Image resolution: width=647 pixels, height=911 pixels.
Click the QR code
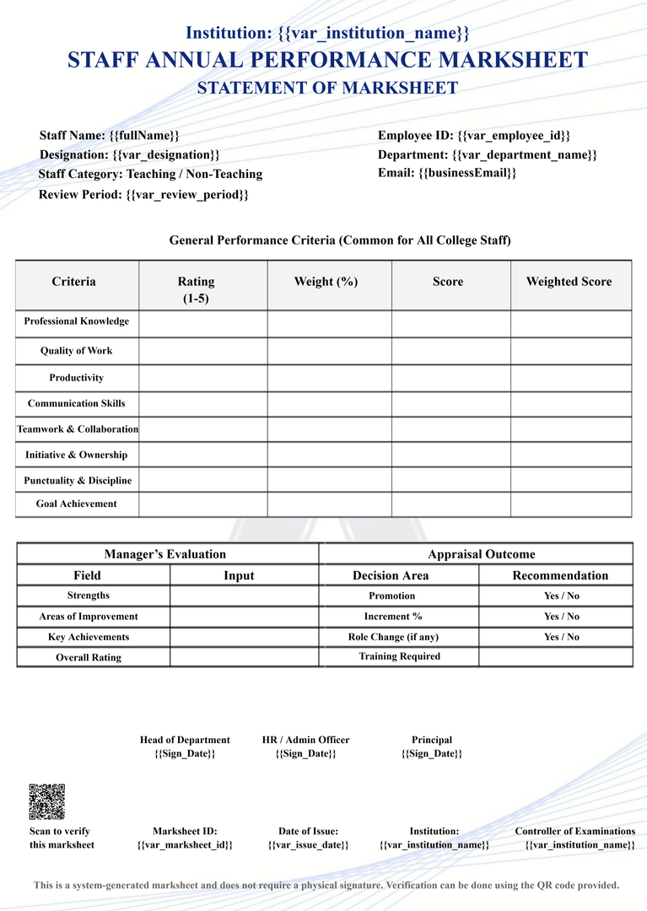(x=46, y=801)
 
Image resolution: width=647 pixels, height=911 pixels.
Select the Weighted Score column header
(x=569, y=282)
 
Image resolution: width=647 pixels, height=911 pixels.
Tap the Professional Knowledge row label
(x=77, y=321)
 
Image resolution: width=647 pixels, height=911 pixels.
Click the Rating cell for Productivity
(x=202, y=378)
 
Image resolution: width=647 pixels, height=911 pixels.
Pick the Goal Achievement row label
(x=77, y=504)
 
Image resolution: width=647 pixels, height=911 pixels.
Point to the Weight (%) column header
(x=326, y=282)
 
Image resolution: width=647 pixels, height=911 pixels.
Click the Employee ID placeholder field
(x=514, y=136)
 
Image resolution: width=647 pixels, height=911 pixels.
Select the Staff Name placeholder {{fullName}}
(x=144, y=135)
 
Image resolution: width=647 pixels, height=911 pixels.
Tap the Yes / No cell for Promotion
(x=561, y=596)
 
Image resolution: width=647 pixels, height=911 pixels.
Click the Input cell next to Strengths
(x=244, y=596)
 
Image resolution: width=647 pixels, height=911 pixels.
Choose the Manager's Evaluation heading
(x=165, y=554)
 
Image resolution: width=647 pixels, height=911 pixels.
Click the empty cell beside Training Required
(x=554, y=656)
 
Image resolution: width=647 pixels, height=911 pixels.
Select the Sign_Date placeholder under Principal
(x=431, y=753)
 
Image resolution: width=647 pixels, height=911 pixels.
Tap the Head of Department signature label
(x=185, y=740)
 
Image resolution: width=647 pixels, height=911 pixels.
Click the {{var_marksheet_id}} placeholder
(x=185, y=844)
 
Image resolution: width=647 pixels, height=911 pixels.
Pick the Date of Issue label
(x=308, y=831)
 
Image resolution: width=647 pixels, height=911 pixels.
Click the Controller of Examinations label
(x=574, y=831)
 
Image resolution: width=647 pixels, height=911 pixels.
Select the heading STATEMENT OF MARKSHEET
(x=327, y=88)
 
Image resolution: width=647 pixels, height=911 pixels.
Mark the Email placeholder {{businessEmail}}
(x=467, y=173)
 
